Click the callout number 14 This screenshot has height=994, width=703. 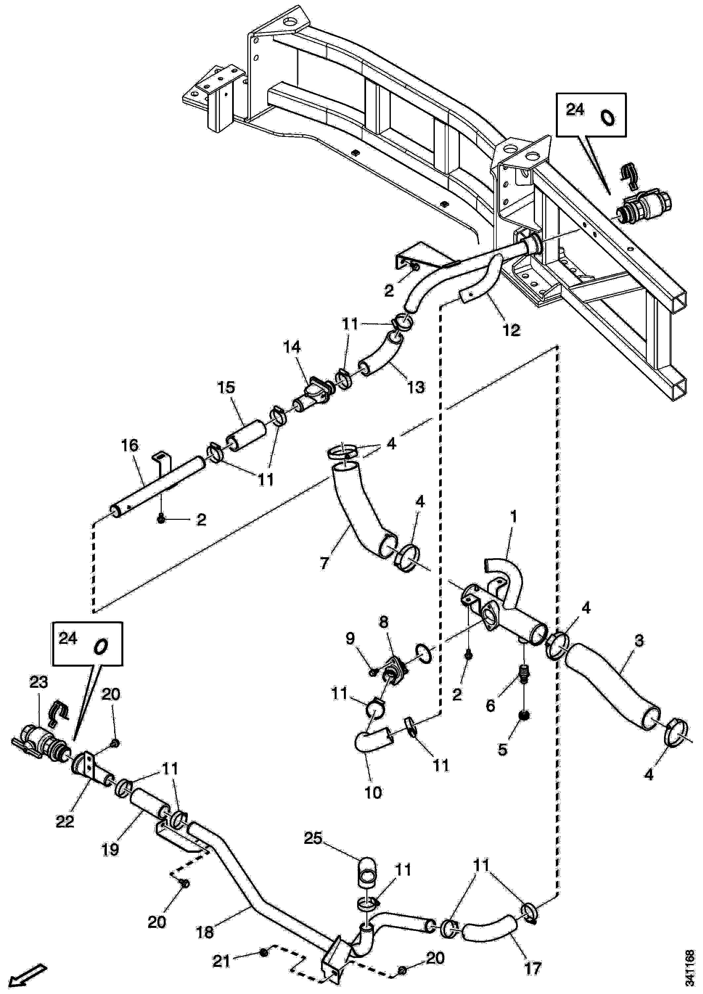pos(293,347)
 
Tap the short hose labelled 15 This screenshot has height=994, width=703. pos(247,435)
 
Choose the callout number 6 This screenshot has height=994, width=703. pos(490,706)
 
